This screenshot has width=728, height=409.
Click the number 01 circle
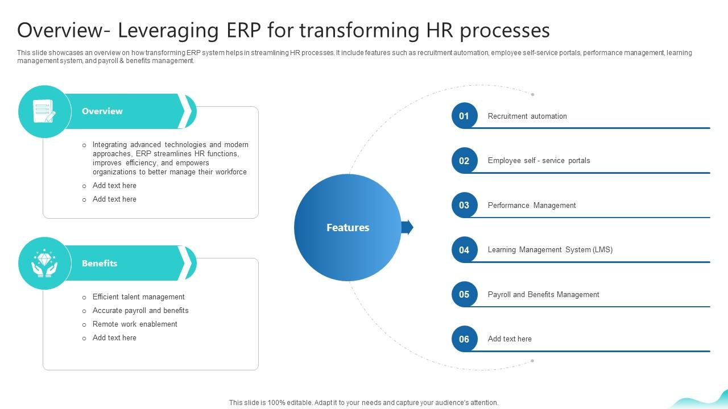tap(464, 116)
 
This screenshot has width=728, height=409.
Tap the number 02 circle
tap(464, 161)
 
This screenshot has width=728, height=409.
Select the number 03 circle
tap(464, 205)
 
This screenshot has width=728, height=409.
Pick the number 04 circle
tap(464, 250)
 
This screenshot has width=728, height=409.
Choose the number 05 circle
tap(464, 294)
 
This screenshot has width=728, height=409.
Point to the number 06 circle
tap(464, 339)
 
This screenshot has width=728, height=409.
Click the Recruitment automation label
tap(527, 116)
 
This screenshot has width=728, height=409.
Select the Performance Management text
tap(532, 206)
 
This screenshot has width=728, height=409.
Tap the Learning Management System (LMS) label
tap(550, 250)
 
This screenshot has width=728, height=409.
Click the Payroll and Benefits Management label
tap(543, 295)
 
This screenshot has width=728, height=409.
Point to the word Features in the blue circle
tap(348, 228)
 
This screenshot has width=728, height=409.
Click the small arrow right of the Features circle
tap(407, 227)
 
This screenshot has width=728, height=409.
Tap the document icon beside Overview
tap(44, 111)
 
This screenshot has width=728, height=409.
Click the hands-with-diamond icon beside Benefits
tap(44, 264)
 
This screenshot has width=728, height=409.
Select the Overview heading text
tap(102, 111)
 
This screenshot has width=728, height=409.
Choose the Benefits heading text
tap(100, 264)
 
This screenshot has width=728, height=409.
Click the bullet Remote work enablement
tap(135, 324)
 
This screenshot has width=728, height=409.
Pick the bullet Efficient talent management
tap(138, 297)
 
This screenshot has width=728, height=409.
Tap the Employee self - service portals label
tap(539, 161)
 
